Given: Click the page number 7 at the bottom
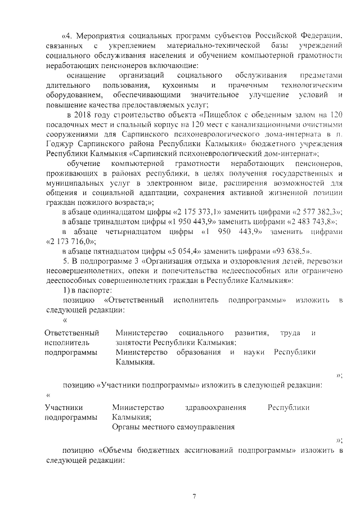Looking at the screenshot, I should tap(193, 496).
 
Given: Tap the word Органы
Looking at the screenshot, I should tap(127, 427).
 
